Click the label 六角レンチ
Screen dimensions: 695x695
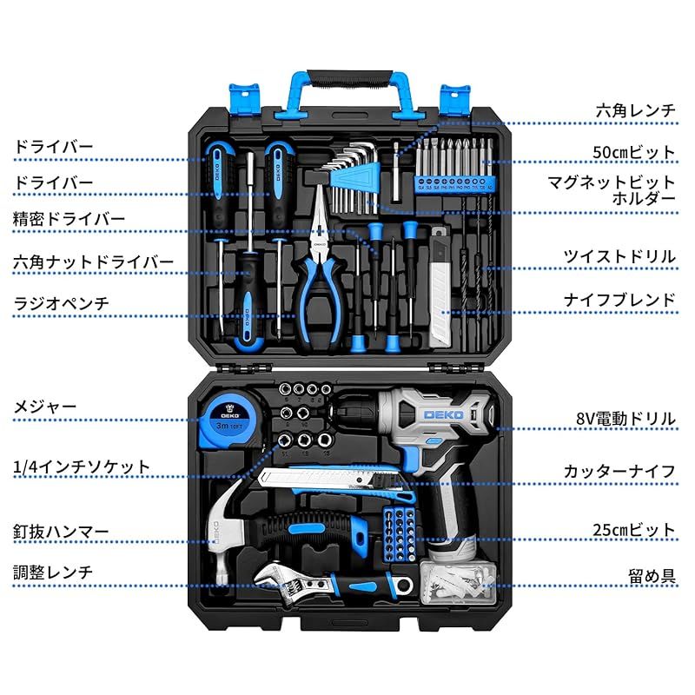pyautogui.click(x=635, y=111)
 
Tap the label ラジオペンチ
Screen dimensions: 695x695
pyautogui.click(x=61, y=303)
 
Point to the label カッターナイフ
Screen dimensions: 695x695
pyautogui.click(x=619, y=472)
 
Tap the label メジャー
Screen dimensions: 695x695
pyautogui.click(x=44, y=406)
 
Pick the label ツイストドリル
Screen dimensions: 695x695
pyautogui.click(x=619, y=256)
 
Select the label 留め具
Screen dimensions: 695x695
pyautogui.click(x=652, y=575)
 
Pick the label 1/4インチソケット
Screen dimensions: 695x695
pyautogui.click(x=82, y=467)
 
